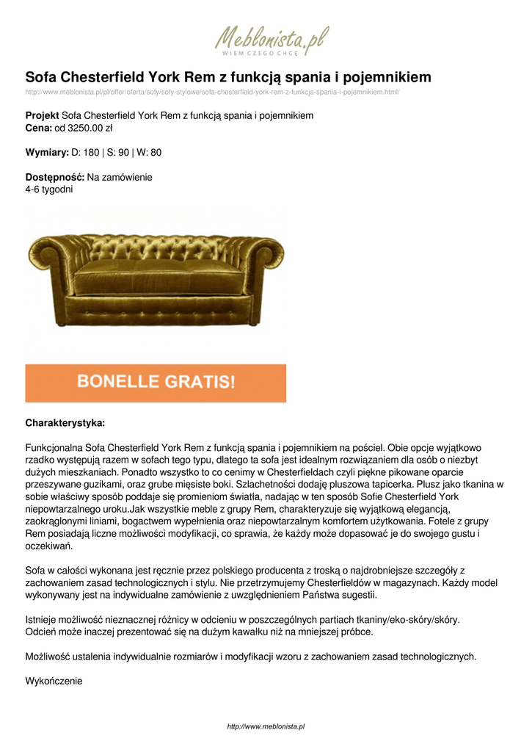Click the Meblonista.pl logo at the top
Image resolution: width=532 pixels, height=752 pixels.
pos(272,37)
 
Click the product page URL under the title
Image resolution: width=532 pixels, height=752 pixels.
pos(212,93)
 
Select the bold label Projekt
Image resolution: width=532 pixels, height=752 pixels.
pos(42,116)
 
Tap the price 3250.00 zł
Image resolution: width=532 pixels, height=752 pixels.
pos(89,129)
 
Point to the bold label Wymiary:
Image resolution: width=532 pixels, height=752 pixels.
pos(47,153)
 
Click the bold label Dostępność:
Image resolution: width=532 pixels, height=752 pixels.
pos(55,177)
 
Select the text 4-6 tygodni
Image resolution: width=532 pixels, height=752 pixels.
pos(49,189)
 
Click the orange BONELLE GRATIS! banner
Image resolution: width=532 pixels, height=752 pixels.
pos(156,383)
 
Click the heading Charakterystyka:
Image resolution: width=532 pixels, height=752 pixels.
pos(65,424)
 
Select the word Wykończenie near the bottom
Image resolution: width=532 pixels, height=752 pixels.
pos(54,681)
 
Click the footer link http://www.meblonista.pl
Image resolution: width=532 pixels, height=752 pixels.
pos(266,726)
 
